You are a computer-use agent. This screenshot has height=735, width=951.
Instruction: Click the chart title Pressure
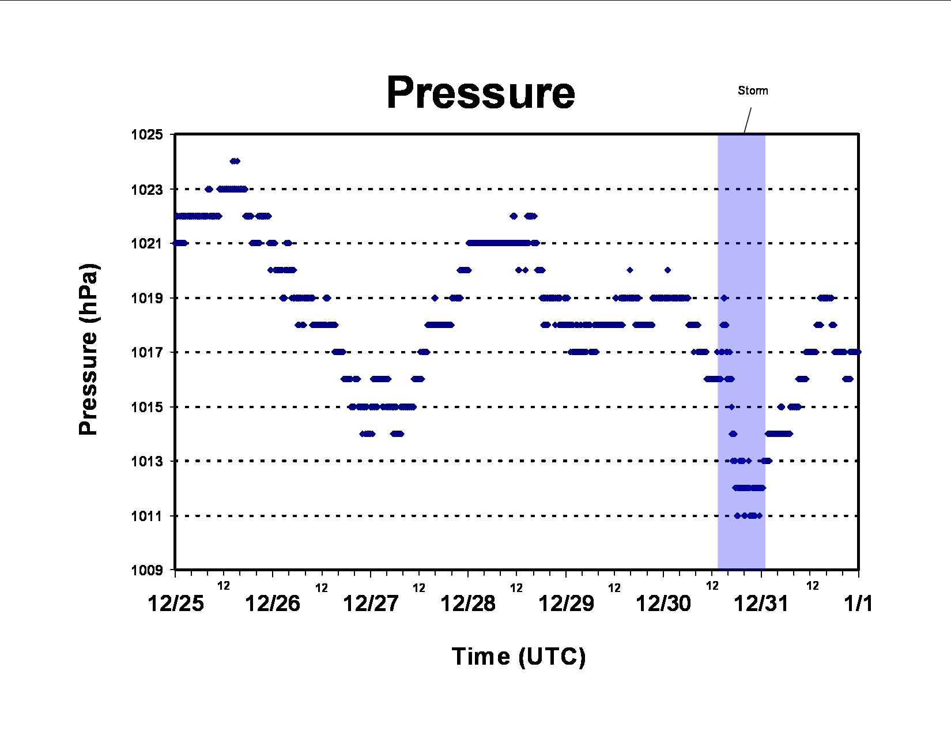(x=481, y=93)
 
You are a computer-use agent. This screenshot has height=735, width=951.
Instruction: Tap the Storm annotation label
(x=753, y=91)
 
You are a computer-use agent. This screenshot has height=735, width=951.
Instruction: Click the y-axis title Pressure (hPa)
(x=88, y=349)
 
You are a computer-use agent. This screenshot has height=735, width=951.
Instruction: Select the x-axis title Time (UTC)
(x=519, y=657)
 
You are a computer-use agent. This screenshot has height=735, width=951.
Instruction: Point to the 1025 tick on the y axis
(x=147, y=134)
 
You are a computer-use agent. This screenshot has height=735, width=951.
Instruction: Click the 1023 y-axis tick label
(x=147, y=190)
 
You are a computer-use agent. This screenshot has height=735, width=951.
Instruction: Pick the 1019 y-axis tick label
(x=147, y=298)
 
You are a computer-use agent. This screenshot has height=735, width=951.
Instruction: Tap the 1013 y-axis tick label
(x=147, y=461)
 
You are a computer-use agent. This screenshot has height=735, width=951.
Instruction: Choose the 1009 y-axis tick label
(x=147, y=570)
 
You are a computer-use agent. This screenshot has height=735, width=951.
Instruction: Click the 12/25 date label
(x=176, y=603)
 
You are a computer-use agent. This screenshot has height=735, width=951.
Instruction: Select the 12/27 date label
(x=371, y=603)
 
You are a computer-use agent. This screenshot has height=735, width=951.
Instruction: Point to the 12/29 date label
(x=567, y=603)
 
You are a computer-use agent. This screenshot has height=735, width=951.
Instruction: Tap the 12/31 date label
(x=761, y=603)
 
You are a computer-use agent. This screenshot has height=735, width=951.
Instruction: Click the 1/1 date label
(x=858, y=603)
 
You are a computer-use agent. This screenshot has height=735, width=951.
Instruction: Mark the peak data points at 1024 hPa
(x=235, y=161)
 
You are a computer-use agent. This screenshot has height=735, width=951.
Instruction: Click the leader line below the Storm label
(x=748, y=120)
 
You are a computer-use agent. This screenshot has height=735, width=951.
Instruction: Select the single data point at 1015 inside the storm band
(x=731, y=407)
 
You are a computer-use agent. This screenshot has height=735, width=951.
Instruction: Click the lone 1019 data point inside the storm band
(x=724, y=298)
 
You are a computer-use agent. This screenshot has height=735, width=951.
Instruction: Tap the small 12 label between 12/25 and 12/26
(x=224, y=586)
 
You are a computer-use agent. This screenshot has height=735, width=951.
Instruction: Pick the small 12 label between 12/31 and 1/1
(x=813, y=586)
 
